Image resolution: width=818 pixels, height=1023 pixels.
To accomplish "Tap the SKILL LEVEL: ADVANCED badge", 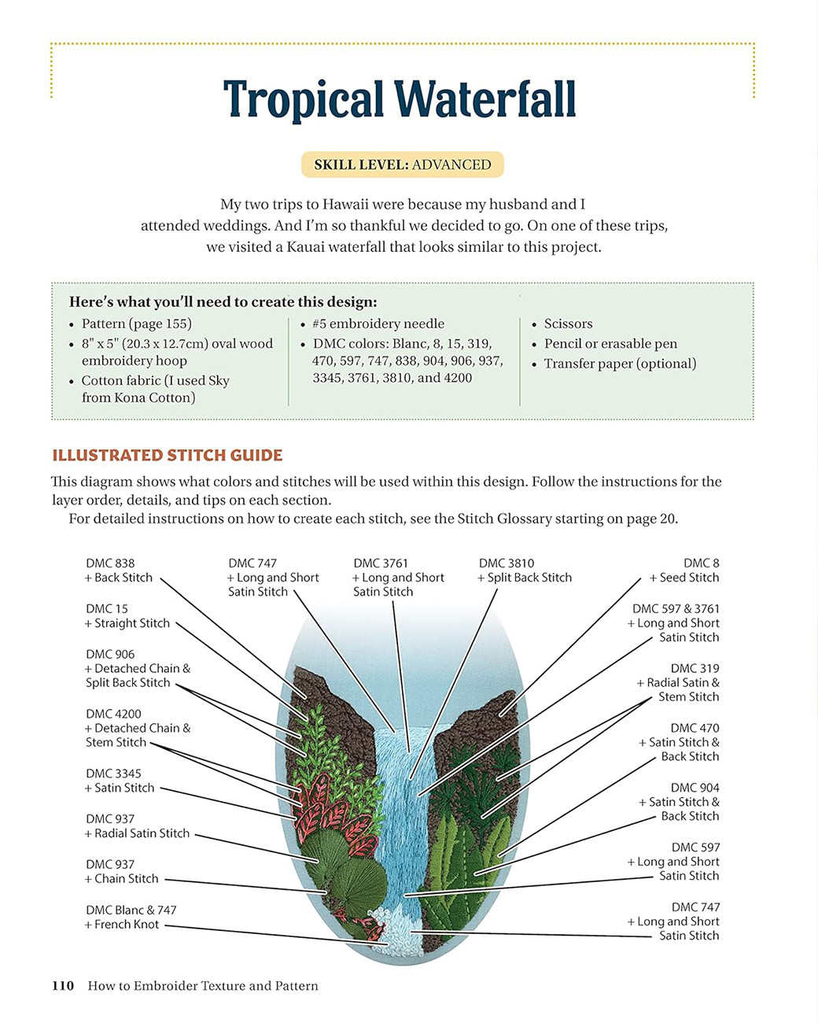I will tap(402, 165).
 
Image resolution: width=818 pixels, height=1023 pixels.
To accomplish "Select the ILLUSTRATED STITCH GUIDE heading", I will tap(167, 455).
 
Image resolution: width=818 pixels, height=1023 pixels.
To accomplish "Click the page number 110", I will tap(63, 986).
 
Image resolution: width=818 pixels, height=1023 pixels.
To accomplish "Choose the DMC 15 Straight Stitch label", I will tap(127, 616).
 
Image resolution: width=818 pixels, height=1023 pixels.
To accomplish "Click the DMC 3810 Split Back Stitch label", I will tap(524, 571).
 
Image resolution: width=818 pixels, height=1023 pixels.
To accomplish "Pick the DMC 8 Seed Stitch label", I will tap(684, 571).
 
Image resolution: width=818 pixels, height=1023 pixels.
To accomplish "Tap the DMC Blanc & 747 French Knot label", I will tap(131, 918).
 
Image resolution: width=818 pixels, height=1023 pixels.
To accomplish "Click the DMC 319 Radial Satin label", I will tap(678, 682).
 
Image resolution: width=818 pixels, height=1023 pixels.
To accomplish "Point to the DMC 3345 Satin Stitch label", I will tap(119, 781).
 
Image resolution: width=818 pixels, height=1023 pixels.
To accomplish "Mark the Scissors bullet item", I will tap(568, 323).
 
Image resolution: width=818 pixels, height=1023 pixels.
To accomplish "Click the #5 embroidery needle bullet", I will tap(378, 323).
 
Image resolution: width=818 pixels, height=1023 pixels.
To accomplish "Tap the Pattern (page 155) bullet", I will tap(136, 323).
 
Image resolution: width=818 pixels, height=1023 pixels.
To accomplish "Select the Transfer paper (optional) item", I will tap(620, 364).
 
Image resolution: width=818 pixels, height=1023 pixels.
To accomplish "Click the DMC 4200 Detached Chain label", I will tap(138, 728).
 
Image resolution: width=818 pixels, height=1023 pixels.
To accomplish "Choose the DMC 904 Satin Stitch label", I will tap(679, 802).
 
